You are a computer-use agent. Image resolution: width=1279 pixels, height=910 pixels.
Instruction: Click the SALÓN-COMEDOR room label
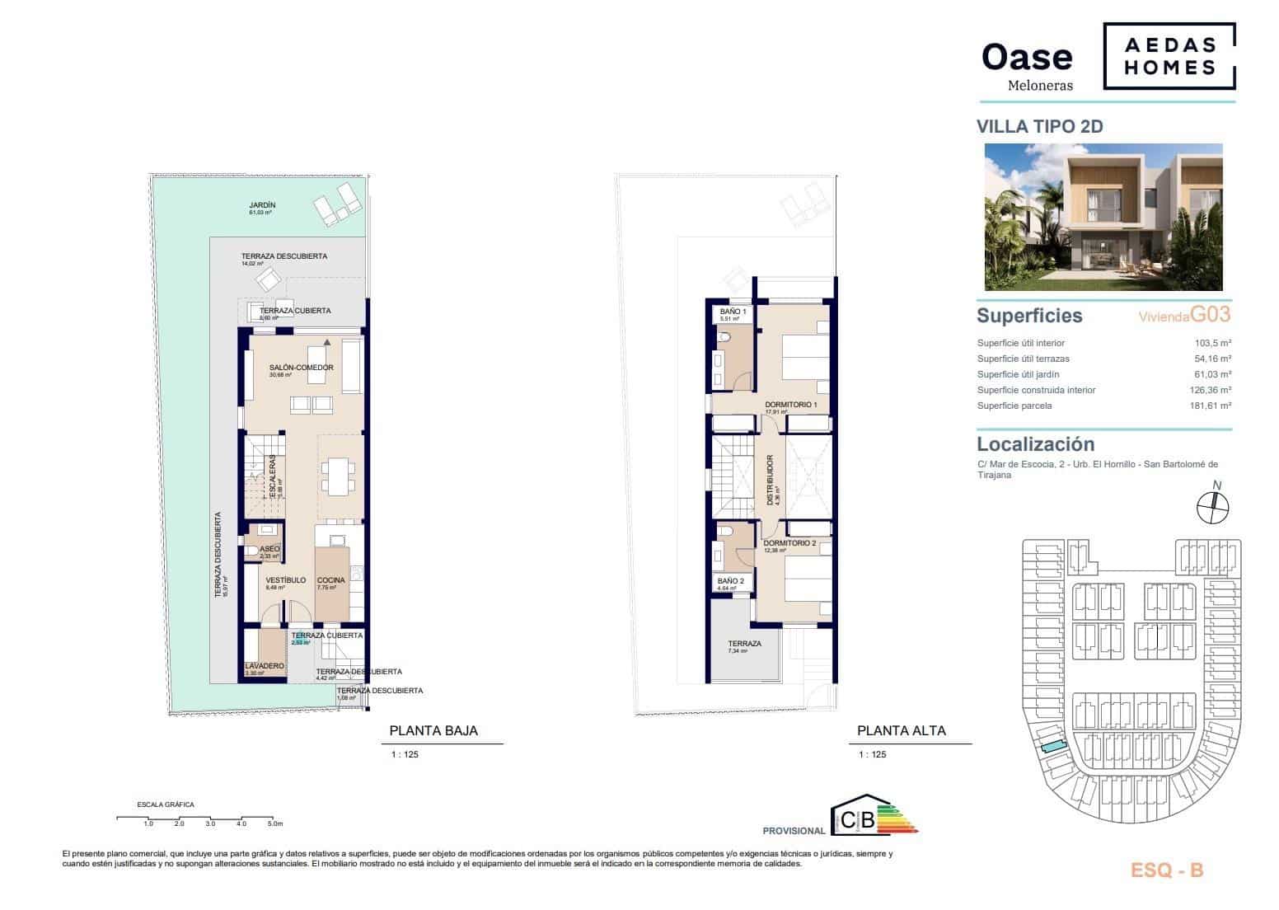point(301,368)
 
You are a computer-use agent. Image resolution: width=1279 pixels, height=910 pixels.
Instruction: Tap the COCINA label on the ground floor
point(330,580)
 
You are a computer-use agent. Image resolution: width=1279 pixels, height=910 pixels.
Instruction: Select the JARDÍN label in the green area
point(262,205)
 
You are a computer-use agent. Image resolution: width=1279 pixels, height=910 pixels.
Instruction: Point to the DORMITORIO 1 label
point(790,405)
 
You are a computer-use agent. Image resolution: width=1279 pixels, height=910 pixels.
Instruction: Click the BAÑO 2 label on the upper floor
point(731,581)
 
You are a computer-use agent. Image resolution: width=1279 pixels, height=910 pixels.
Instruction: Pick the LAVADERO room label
point(265,666)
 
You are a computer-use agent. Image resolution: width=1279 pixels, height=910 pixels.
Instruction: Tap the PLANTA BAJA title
point(433,730)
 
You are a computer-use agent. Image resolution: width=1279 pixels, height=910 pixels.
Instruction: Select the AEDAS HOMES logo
point(1170,56)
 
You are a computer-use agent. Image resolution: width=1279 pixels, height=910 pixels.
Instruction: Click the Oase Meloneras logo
point(1028,63)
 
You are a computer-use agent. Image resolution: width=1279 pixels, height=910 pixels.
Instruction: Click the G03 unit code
point(1211,314)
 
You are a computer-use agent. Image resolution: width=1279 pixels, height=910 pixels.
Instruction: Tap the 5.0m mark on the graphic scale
point(275,823)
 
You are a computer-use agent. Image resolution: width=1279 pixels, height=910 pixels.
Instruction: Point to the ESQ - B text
point(1164,870)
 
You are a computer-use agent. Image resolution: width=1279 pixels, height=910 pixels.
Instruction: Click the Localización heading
point(1035,444)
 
